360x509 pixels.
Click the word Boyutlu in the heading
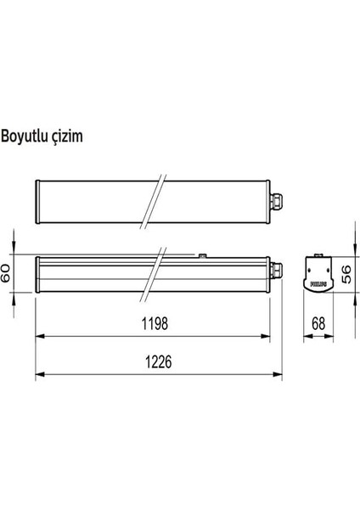25,135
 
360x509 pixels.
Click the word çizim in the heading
67,136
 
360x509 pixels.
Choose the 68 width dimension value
319,323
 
